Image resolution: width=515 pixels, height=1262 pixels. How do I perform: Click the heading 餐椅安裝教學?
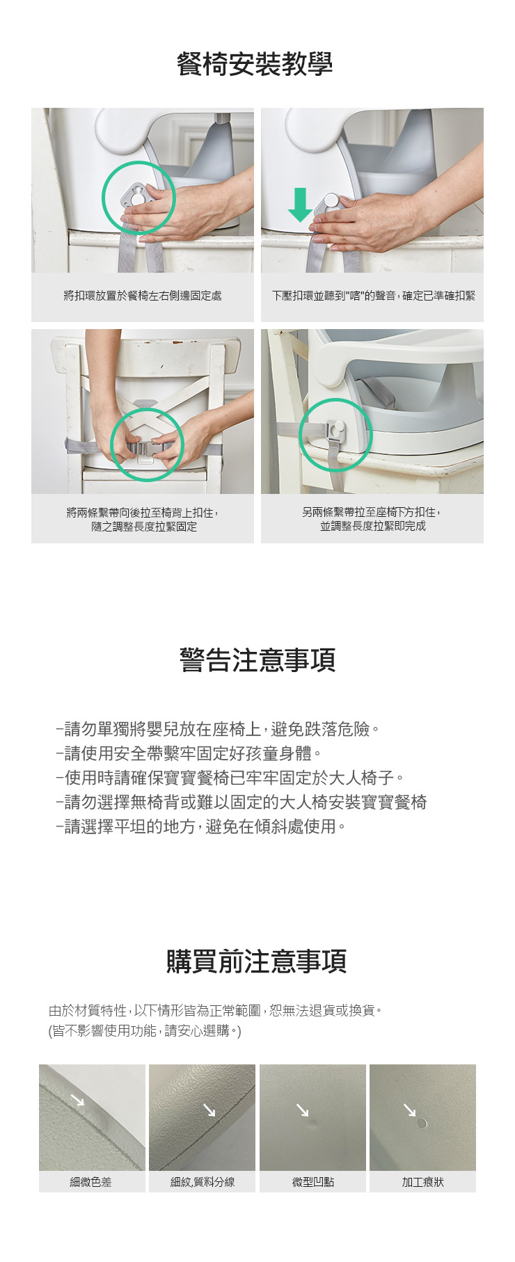(255, 65)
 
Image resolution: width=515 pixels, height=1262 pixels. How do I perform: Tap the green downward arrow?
(301, 205)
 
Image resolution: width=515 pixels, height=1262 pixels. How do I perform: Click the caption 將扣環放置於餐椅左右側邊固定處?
(143, 296)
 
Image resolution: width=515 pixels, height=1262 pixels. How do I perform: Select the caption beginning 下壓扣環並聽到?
(374, 296)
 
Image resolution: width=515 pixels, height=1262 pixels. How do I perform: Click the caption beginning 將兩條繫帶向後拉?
(143, 520)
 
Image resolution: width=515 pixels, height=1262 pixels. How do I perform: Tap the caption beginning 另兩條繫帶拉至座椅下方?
(372, 519)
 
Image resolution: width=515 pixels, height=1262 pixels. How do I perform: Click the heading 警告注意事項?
(257, 660)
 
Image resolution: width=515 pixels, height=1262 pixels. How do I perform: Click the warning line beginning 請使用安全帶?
(189, 753)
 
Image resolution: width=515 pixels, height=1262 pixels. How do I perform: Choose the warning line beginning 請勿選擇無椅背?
(241, 802)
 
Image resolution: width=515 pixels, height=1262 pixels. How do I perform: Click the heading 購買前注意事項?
(256, 961)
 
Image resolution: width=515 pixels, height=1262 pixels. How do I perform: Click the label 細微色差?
(91, 1182)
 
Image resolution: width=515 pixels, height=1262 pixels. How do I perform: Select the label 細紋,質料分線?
(203, 1182)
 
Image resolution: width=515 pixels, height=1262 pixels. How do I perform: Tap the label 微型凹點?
(313, 1182)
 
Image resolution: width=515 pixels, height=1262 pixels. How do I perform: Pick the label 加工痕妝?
(423, 1182)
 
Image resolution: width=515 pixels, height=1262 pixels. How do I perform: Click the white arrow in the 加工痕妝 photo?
(410, 1110)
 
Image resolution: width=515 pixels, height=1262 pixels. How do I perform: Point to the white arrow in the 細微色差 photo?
(77, 1099)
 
